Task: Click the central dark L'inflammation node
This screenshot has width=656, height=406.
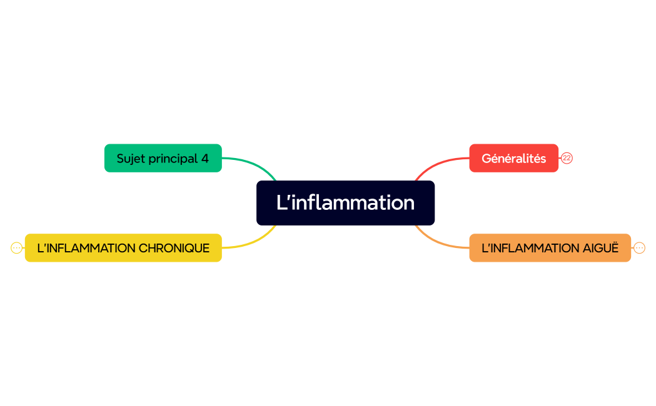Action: [345, 203]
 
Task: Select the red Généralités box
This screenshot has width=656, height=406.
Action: [513, 158]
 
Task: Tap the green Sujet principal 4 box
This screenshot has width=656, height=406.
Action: [163, 158]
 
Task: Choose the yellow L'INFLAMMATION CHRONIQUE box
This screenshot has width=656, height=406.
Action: [123, 248]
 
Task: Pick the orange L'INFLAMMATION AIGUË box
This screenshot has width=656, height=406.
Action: [550, 248]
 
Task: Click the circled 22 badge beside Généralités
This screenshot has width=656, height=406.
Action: [567, 158]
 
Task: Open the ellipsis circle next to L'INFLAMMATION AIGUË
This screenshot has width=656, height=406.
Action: [639, 248]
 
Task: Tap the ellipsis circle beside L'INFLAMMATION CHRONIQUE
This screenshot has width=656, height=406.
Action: [17, 248]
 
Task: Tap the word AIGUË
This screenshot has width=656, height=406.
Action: [600, 248]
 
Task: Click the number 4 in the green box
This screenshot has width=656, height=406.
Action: [205, 159]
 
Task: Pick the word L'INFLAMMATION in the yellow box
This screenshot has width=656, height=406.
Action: [86, 248]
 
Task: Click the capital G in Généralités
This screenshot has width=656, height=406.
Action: [486, 159]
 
